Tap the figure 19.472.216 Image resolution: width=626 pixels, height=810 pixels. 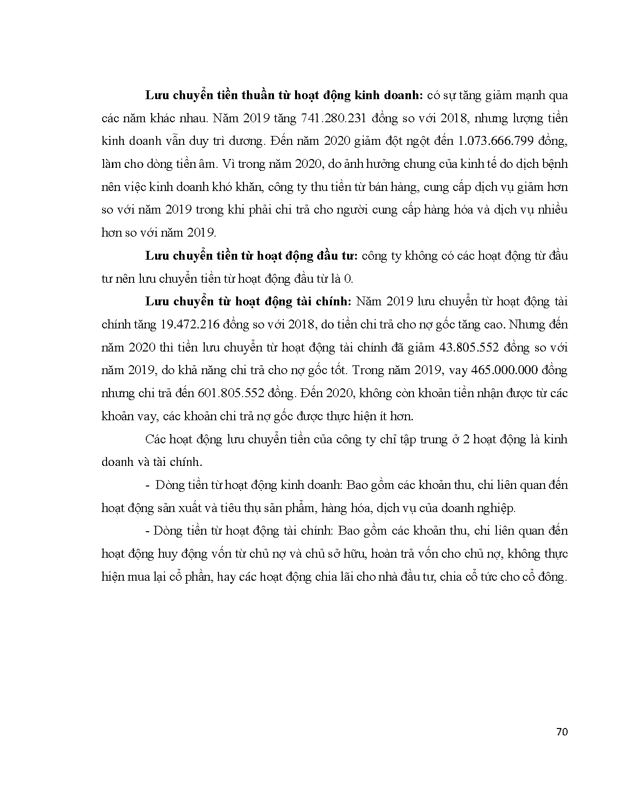click(191, 325)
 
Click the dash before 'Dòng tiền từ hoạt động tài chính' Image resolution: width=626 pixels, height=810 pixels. click(148, 531)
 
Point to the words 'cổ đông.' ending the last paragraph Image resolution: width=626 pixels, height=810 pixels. click(545, 577)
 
